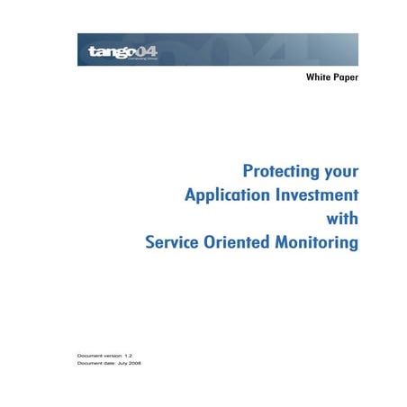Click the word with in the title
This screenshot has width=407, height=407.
344,218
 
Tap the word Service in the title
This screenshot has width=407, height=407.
176,242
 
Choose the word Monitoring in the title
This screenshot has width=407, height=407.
320,243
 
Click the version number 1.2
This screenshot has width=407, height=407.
129,356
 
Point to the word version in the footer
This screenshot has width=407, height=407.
112,356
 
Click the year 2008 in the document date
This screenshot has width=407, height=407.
134,364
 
